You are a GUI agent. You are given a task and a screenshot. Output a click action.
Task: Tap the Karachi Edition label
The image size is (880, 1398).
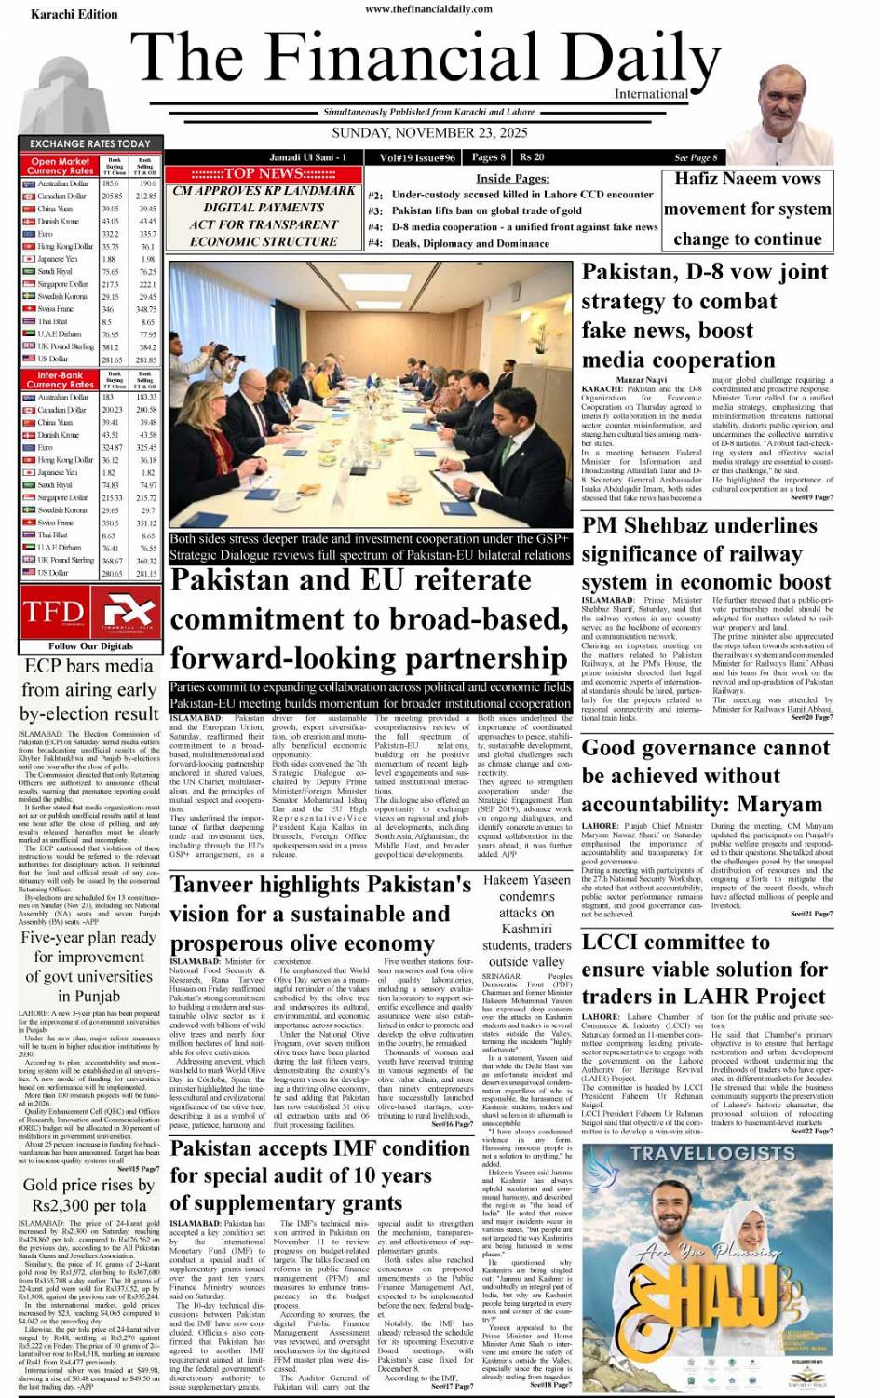[x=74, y=14]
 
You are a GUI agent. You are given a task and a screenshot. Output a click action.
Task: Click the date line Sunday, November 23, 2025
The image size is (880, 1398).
[x=429, y=133]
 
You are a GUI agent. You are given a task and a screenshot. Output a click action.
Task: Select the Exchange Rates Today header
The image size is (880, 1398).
[x=90, y=143]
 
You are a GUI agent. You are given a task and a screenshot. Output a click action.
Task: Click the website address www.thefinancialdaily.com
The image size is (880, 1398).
[x=428, y=9]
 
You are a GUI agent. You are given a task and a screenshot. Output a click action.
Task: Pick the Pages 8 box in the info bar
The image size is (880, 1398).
[x=488, y=157]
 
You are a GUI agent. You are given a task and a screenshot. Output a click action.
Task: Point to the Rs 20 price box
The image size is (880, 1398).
[x=533, y=157]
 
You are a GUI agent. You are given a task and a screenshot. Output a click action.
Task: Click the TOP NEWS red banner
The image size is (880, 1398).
[x=264, y=173]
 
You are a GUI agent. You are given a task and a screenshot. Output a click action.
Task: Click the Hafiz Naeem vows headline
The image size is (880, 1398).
[x=747, y=179]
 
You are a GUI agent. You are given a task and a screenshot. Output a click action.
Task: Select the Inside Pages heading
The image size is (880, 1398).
[x=512, y=179]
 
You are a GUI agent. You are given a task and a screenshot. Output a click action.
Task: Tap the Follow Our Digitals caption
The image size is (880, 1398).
[x=90, y=645]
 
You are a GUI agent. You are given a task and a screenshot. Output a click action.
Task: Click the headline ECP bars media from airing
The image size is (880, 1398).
[x=89, y=689]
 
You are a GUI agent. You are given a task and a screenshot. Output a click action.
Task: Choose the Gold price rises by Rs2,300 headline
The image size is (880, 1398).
[x=89, y=1194]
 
